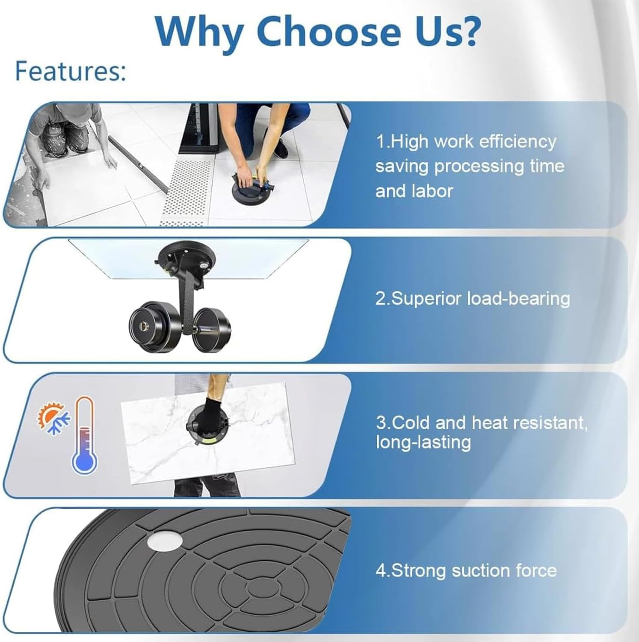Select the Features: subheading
point(71,71)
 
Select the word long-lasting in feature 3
point(423,442)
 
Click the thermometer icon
point(84,434)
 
